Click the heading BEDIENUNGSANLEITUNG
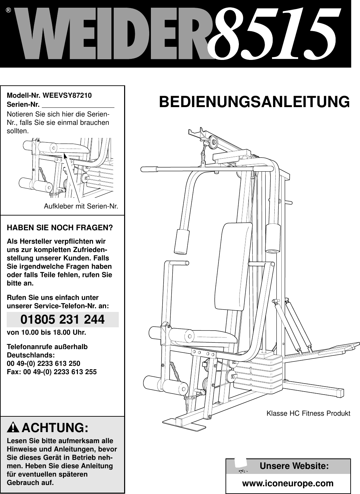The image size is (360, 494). pos(254,102)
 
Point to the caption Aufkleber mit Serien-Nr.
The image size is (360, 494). pos(81,206)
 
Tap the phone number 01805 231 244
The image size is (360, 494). pos(63,320)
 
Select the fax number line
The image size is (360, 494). pos(52,371)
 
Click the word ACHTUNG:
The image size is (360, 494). pos(55,428)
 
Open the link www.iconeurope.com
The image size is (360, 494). pos(288,483)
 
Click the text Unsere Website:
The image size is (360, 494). pos(294,466)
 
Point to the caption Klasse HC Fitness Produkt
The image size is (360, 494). pos(308,413)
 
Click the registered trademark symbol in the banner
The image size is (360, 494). pos(8,10)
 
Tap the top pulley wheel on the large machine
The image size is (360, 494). pos(211,143)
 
